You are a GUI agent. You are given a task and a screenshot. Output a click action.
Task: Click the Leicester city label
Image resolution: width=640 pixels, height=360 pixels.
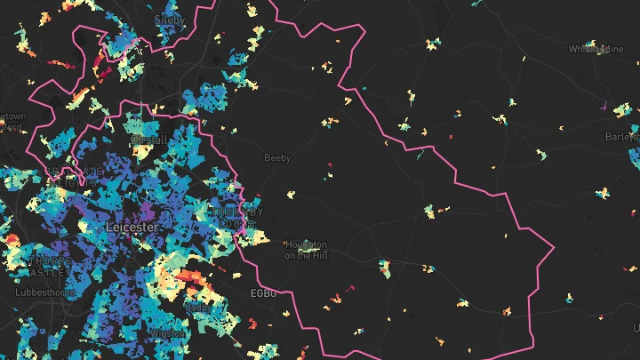point(132,227)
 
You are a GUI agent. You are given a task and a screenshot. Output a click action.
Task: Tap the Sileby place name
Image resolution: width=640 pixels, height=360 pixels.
point(168,18)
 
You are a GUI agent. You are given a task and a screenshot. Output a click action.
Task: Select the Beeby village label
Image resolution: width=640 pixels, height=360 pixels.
point(277,158)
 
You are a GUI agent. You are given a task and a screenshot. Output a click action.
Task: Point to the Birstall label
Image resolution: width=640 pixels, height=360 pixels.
point(148,140)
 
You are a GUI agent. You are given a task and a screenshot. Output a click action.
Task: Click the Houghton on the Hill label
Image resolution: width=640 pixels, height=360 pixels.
point(305,250)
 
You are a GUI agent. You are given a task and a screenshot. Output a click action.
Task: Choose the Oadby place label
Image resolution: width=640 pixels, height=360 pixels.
point(196,307)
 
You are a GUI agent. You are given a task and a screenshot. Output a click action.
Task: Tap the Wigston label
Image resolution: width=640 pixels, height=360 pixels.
point(168,332)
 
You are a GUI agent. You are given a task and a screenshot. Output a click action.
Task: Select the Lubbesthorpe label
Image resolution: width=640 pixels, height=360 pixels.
point(40,292)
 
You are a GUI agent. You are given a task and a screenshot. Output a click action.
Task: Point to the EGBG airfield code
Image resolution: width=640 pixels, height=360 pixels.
point(265,292)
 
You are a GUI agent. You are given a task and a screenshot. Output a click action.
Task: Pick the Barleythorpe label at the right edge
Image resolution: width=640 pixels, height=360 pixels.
point(623,137)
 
